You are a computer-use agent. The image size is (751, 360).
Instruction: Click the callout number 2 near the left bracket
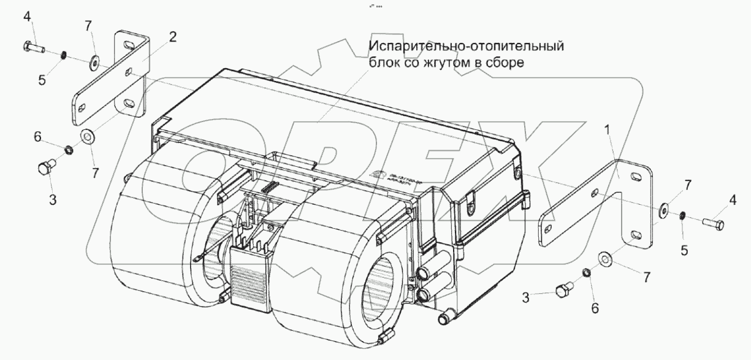click(173, 37)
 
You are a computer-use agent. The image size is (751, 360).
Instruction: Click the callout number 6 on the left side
click(38, 139)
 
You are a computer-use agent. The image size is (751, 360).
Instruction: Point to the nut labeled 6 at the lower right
click(585, 272)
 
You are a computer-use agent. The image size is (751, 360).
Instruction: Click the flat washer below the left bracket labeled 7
click(86, 136)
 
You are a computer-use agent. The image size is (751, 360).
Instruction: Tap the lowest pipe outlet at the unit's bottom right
click(445, 316)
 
